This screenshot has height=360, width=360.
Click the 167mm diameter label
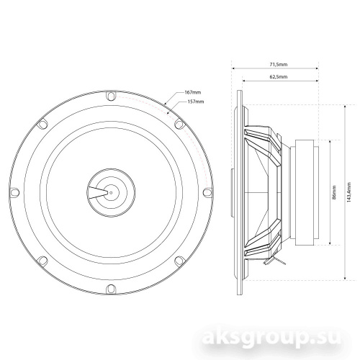point(192,94)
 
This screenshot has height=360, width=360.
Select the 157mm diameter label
point(194,102)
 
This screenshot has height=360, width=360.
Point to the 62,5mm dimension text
point(278,76)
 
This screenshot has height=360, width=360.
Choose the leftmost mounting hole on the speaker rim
point(13,192)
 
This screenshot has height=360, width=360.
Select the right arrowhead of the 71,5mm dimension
point(317,69)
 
